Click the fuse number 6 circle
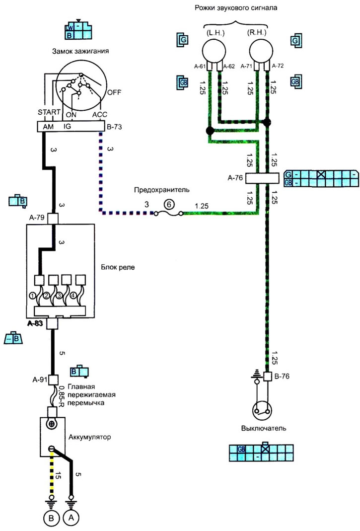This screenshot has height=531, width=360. point(169,205)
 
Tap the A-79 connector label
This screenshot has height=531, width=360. point(37,218)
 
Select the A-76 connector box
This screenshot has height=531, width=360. point(262,178)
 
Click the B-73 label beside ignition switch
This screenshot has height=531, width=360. point(114,127)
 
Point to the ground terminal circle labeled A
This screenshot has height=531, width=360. point(71,518)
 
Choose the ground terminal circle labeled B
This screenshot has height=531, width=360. point(51,518)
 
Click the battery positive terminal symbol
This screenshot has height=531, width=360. point(52,424)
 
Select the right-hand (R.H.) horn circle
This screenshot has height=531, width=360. point(261,50)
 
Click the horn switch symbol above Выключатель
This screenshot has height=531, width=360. point(262,410)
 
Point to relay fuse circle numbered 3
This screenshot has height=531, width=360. point(60,296)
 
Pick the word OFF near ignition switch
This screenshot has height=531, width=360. point(114,92)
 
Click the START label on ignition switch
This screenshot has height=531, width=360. point(49,112)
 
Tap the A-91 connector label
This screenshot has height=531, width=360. point(40,379)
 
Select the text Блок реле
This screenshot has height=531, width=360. point(118,267)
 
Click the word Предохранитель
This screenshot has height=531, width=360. point(161,190)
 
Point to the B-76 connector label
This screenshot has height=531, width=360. point(282,376)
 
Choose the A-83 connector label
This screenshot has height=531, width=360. point(35,323)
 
